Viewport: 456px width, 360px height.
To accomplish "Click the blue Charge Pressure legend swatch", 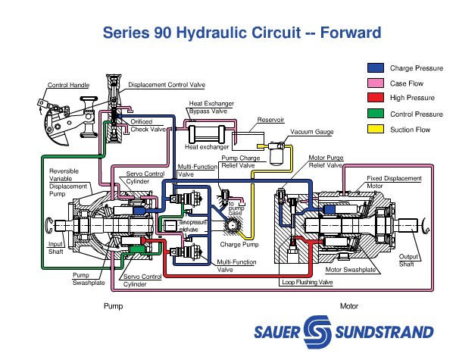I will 373,67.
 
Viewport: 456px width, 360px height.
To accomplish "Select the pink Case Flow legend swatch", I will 373,83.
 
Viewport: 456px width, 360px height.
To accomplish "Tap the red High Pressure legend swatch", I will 373,98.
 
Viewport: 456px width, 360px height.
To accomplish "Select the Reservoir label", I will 270,120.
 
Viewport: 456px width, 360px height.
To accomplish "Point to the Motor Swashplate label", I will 351,269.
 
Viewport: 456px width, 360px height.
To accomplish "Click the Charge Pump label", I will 239,245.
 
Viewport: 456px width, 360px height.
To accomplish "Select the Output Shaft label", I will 409,260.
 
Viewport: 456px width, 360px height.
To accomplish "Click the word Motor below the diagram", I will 348,306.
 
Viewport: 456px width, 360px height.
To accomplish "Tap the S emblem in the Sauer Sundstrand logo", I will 316,331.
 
